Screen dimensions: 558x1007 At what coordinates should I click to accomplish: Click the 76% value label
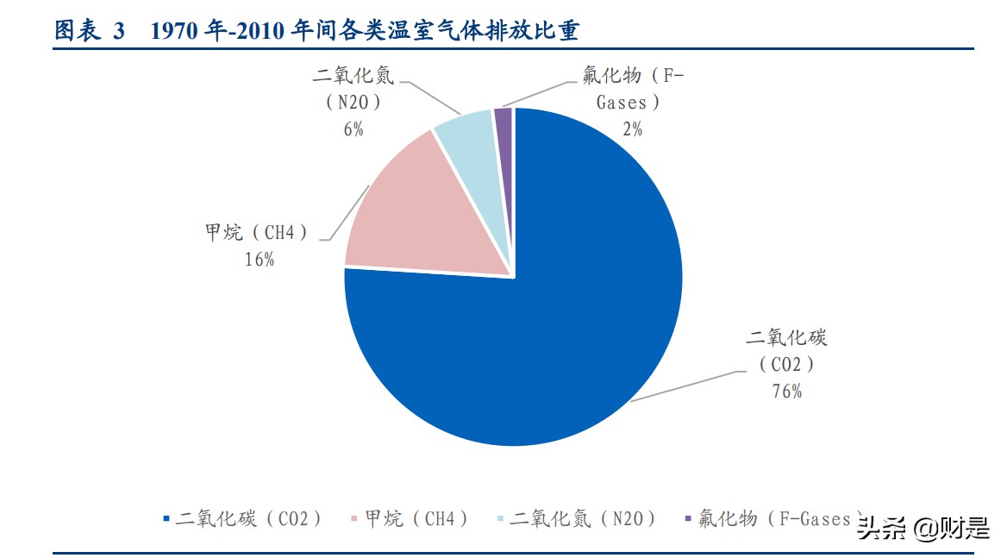(x=786, y=391)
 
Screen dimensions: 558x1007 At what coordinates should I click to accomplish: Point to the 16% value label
(x=260, y=259)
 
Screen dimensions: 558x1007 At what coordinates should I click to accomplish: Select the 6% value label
(x=353, y=129)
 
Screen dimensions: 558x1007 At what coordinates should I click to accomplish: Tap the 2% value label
(x=632, y=129)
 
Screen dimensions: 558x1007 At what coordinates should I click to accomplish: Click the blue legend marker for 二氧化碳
(x=166, y=518)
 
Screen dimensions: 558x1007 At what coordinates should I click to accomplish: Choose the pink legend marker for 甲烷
(x=353, y=518)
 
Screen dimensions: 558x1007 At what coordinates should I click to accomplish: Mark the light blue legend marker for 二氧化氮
(x=500, y=518)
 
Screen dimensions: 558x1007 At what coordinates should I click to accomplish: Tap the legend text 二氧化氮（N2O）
(x=583, y=518)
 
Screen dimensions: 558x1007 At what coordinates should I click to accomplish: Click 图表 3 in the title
(x=90, y=31)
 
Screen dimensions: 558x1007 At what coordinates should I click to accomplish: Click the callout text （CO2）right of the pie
(x=786, y=364)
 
